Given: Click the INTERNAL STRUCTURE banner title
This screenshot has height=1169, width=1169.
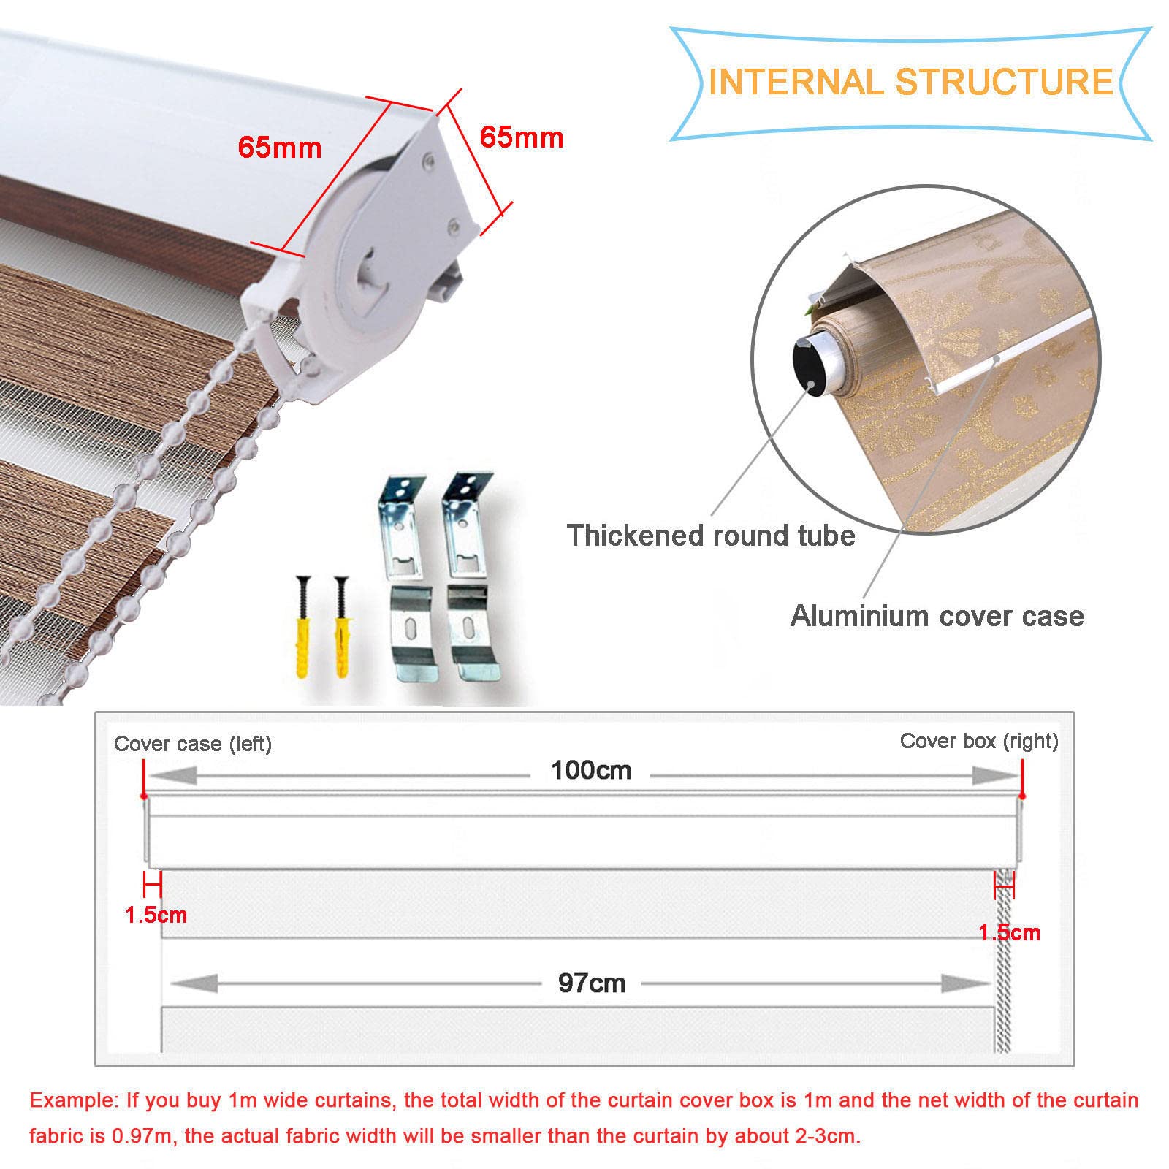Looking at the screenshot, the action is coord(910,81).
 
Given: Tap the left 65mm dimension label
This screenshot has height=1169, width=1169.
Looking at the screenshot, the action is coord(280,148).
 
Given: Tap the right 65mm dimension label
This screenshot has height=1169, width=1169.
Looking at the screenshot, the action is coord(522,137).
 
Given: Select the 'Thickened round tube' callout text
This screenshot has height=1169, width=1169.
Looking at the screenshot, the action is coord(711,536).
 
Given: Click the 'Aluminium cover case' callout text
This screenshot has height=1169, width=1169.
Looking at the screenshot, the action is coord(937,616).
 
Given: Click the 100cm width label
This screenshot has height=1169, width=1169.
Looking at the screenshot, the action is coord(591,770).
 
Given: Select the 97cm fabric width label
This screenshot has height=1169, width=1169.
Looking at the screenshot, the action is coord(592,983).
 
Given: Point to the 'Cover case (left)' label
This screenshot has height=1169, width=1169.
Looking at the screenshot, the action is coord(193,744).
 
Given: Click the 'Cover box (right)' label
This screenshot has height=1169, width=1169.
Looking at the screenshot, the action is coord(979,741).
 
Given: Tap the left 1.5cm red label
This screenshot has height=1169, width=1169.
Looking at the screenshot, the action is coord(156,915).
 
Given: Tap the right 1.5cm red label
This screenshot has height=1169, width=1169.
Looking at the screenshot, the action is coord(1010,932).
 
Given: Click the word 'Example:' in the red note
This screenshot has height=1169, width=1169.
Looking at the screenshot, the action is coord(74,1100).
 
